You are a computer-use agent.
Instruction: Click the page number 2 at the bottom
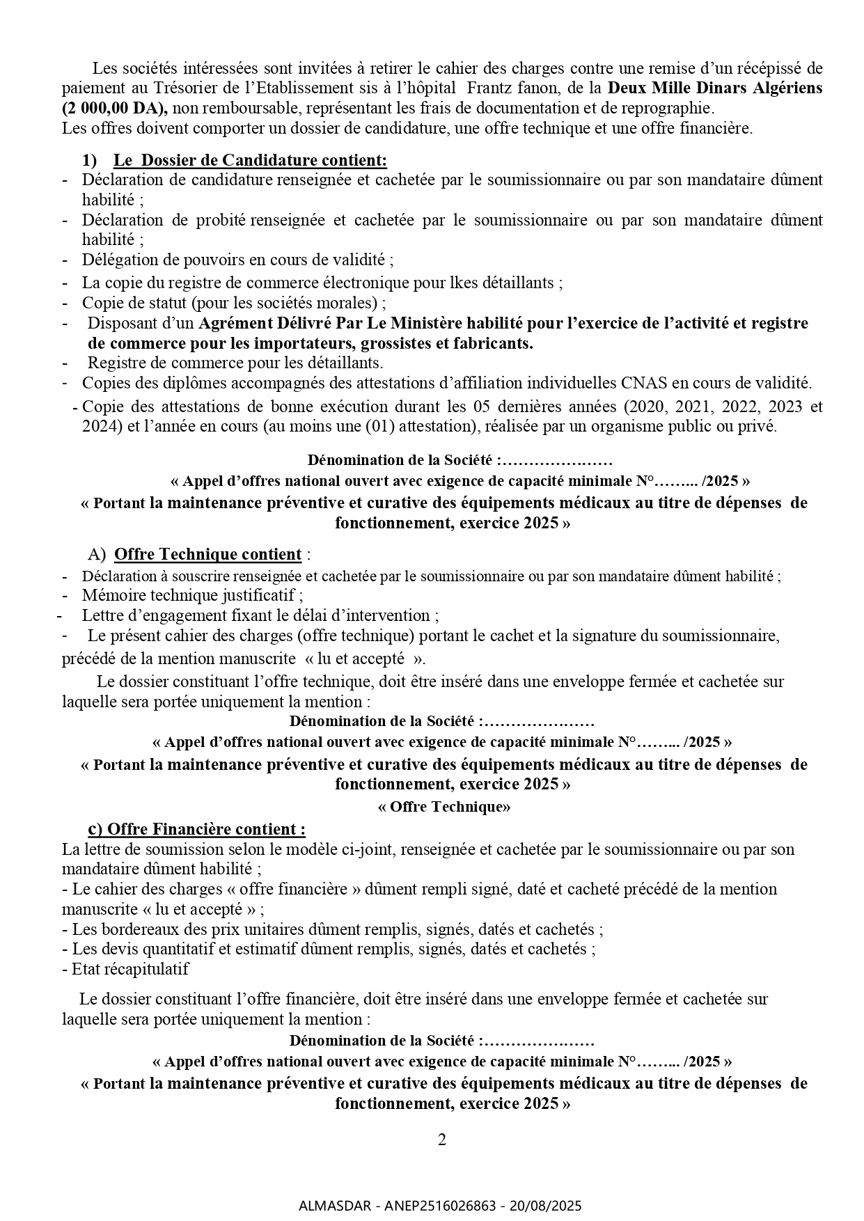click(x=441, y=1140)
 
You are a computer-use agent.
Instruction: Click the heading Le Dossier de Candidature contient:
click(x=250, y=160)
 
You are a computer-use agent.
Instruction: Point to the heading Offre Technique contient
click(x=207, y=554)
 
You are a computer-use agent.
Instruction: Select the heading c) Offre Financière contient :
click(x=196, y=829)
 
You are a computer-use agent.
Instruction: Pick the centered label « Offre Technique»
click(x=443, y=806)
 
